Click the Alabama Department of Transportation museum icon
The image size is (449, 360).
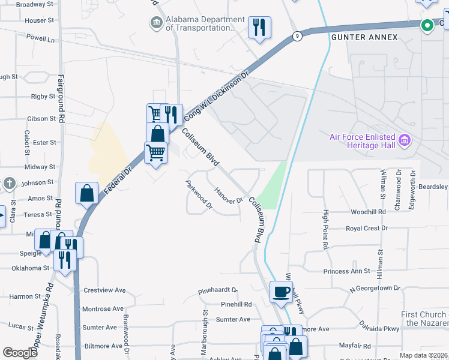coord(156,23)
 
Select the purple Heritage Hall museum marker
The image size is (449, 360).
coord(405,141)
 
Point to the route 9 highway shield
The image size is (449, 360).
coord(297,36)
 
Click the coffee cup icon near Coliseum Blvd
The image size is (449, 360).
coord(282,293)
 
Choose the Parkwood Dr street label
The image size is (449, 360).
coord(199,194)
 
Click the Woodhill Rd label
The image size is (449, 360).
coord(368,212)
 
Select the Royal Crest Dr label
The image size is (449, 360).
coord(367,229)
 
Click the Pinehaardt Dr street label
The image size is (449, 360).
coord(218,292)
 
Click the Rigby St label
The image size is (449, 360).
coord(43,97)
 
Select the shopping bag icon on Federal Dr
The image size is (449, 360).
coord(87,194)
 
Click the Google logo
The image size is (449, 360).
coord(20,353)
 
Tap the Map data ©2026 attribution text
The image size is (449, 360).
coord(423,355)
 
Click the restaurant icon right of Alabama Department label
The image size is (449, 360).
coord(259,28)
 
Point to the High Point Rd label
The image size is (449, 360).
coord(325,230)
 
